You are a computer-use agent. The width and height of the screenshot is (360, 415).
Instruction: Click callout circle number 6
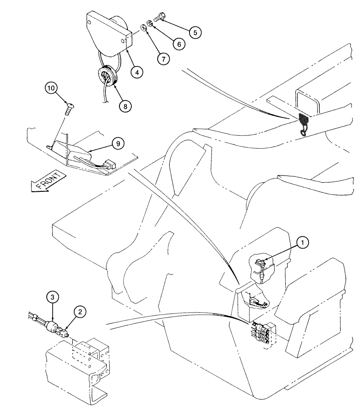[x=179, y=43]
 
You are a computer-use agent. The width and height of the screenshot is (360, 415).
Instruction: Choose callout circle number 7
[x=163, y=58]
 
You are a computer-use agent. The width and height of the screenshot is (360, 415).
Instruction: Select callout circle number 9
[x=118, y=143]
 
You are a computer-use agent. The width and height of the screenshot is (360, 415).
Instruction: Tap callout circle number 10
[x=51, y=88]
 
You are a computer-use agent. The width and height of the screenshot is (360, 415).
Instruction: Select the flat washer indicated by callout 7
[x=143, y=28]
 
